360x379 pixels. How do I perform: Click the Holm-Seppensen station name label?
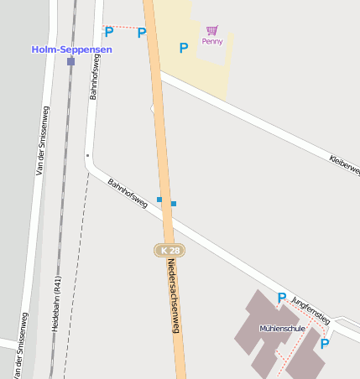71,49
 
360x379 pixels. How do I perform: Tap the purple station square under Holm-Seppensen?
70,61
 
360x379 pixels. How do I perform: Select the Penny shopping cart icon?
212,30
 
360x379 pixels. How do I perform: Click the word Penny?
212,41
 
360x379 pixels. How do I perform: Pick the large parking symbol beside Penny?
183,49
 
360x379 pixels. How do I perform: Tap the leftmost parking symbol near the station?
108,32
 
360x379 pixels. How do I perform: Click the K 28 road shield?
169,251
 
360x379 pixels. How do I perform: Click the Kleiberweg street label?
344,164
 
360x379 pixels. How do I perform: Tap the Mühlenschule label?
282,329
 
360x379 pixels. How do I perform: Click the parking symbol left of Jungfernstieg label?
282,298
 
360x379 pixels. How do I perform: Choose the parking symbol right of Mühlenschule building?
325,343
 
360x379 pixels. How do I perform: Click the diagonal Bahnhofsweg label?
127,194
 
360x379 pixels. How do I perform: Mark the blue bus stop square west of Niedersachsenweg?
159,200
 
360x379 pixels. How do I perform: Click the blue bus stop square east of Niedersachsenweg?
174,204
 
